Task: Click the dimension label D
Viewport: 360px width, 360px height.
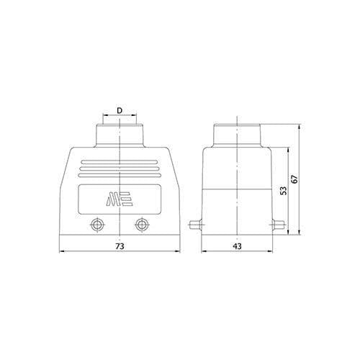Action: (120, 111)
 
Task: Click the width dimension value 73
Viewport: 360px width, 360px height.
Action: (120, 246)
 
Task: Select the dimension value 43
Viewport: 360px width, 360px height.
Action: (237, 246)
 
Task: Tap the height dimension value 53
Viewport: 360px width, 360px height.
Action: (284, 191)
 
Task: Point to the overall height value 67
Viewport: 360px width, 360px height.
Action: (294, 179)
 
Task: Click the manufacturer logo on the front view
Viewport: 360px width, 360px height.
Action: (120, 199)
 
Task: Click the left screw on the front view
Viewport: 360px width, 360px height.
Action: (97, 225)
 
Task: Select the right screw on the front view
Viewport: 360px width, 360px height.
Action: (143, 225)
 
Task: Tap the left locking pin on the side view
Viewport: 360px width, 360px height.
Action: (195, 225)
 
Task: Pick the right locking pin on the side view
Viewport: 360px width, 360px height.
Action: (279, 225)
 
